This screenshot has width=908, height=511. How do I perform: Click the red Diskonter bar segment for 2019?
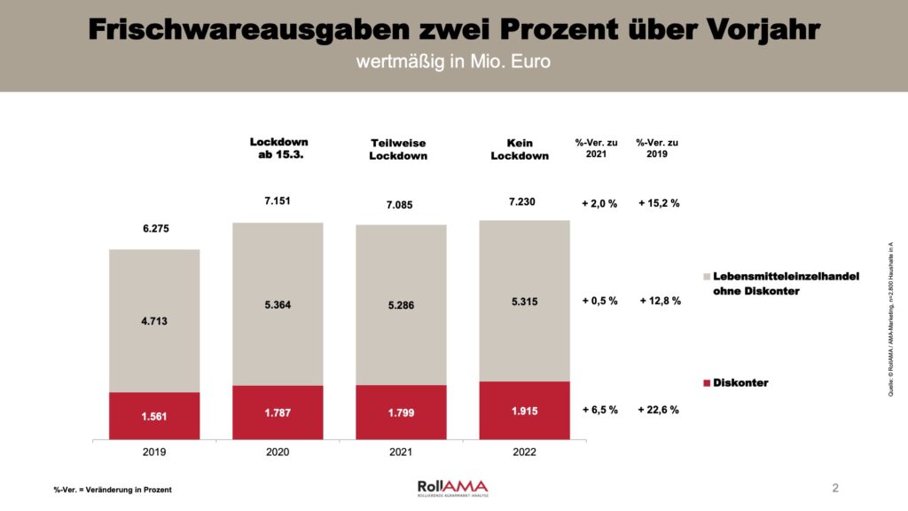point(154,416)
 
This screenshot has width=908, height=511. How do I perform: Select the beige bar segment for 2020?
point(278,303)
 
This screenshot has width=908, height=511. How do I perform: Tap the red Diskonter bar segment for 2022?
point(524,411)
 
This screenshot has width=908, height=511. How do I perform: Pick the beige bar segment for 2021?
point(401,304)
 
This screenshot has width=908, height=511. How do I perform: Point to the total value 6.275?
point(154,229)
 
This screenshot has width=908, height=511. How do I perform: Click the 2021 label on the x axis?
point(401,452)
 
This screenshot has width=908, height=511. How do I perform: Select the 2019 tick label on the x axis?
point(154,452)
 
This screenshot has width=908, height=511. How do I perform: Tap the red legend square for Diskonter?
point(707,383)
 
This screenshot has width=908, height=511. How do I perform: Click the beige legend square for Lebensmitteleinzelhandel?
point(707,277)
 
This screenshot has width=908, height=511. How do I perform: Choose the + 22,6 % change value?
point(658,410)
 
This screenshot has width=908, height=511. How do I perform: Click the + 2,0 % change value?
point(599,203)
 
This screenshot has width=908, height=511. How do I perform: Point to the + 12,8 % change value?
point(660,301)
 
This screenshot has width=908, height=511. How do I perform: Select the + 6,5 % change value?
point(599,410)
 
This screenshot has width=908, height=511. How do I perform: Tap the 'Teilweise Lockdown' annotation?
point(398,149)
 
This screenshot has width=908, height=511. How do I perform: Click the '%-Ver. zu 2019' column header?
point(657,148)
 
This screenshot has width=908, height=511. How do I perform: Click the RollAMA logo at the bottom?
point(453,488)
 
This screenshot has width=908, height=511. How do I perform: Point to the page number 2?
point(835,487)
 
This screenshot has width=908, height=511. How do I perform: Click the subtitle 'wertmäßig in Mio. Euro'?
point(453,63)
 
